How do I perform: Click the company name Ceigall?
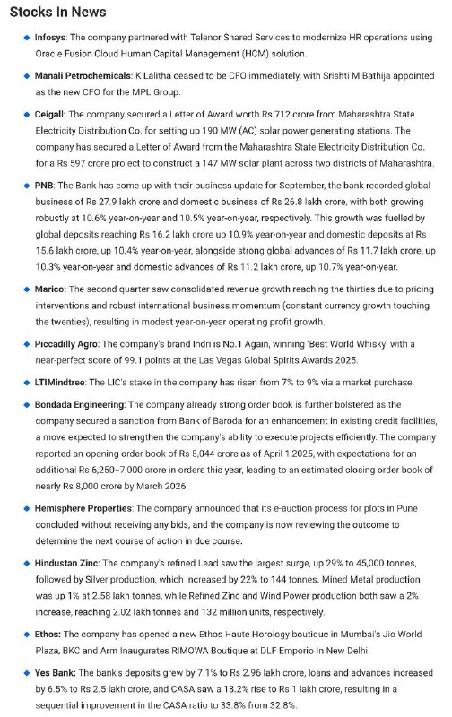tap(49, 115)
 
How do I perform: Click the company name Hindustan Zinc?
tap(74, 561)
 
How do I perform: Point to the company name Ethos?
tap(48, 631)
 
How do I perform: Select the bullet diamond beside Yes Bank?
tap(26, 669)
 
